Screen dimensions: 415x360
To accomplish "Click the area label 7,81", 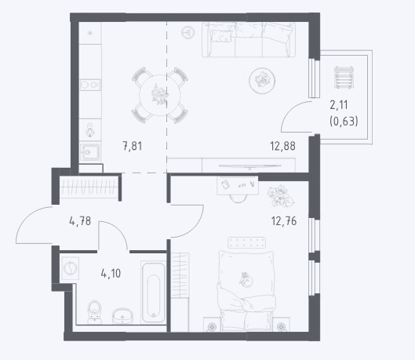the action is [x=133, y=146].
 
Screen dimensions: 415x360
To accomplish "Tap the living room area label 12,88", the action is [x=282, y=146].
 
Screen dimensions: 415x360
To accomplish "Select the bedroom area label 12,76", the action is [x=284, y=221].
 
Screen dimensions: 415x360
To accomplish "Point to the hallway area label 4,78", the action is [x=80, y=221].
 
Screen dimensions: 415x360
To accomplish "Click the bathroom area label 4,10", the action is [x=111, y=273].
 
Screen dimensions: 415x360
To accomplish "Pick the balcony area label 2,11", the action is [x=339, y=105].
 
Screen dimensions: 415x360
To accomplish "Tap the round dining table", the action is [x=160, y=95].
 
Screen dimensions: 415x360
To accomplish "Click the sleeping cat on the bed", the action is [x=246, y=279].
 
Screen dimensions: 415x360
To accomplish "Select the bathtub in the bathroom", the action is [x=153, y=292].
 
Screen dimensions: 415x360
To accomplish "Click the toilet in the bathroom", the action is [x=94, y=312].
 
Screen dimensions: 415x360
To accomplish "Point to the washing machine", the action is [x=70, y=269].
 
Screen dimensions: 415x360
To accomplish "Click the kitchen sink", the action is [x=90, y=152].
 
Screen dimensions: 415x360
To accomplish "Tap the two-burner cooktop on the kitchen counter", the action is [x=90, y=85].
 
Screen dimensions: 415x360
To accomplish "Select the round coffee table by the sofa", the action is [x=262, y=81].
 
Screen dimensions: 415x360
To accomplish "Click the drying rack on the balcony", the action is [x=344, y=77].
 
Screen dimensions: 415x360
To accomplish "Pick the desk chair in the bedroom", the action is [x=238, y=198].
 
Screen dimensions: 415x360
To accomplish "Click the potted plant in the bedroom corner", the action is [x=281, y=196].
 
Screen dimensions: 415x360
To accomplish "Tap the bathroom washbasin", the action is [x=122, y=316].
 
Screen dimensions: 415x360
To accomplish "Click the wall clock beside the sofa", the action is [x=188, y=32].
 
